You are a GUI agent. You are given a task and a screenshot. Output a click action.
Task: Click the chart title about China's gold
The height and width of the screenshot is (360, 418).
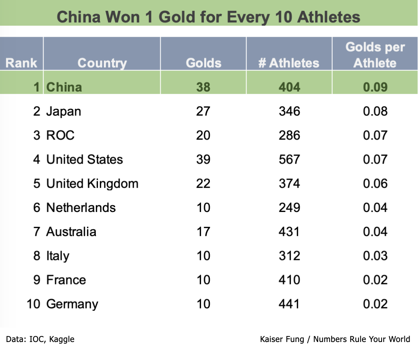(209, 17)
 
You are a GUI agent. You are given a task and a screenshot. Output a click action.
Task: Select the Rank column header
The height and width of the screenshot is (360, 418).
(22, 63)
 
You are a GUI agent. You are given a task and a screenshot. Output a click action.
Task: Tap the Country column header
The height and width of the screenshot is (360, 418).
(102, 63)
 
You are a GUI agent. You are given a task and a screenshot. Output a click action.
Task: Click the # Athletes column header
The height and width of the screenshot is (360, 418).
(289, 63)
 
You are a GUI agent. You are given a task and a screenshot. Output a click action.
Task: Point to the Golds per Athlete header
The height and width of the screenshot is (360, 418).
(375, 55)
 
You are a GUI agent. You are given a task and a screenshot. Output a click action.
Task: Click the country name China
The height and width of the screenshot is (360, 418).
(64, 87)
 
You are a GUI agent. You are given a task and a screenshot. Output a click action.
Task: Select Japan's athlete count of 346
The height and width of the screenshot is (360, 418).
(289, 111)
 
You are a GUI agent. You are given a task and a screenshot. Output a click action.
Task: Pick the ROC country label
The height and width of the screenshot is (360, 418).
(60, 135)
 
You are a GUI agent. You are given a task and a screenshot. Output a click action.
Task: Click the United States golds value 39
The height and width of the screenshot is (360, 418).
(203, 159)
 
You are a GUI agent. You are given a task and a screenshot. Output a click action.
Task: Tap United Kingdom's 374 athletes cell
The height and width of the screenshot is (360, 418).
(289, 183)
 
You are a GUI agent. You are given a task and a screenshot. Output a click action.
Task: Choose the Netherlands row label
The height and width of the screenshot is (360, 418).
(81, 208)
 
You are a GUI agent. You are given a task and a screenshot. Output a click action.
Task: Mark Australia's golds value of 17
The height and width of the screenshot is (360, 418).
(203, 232)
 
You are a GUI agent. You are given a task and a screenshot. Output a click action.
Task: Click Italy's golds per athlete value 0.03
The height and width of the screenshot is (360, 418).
(375, 256)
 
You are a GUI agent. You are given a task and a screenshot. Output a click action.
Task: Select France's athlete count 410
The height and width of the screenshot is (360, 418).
(289, 280)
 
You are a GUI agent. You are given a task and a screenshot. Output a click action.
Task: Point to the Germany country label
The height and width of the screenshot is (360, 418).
(72, 304)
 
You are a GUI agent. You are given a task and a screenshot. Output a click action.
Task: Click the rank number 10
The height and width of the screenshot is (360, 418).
(34, 304)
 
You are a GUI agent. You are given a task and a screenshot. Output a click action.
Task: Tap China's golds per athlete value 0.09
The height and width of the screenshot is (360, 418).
(375, 87)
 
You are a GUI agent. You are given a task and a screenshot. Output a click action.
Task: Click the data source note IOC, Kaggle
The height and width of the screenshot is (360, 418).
(40, 339)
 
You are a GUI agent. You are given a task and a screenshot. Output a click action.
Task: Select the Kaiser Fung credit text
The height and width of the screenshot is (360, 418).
(335, 339)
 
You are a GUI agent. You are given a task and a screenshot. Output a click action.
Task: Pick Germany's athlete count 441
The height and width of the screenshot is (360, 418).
(289, 304)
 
